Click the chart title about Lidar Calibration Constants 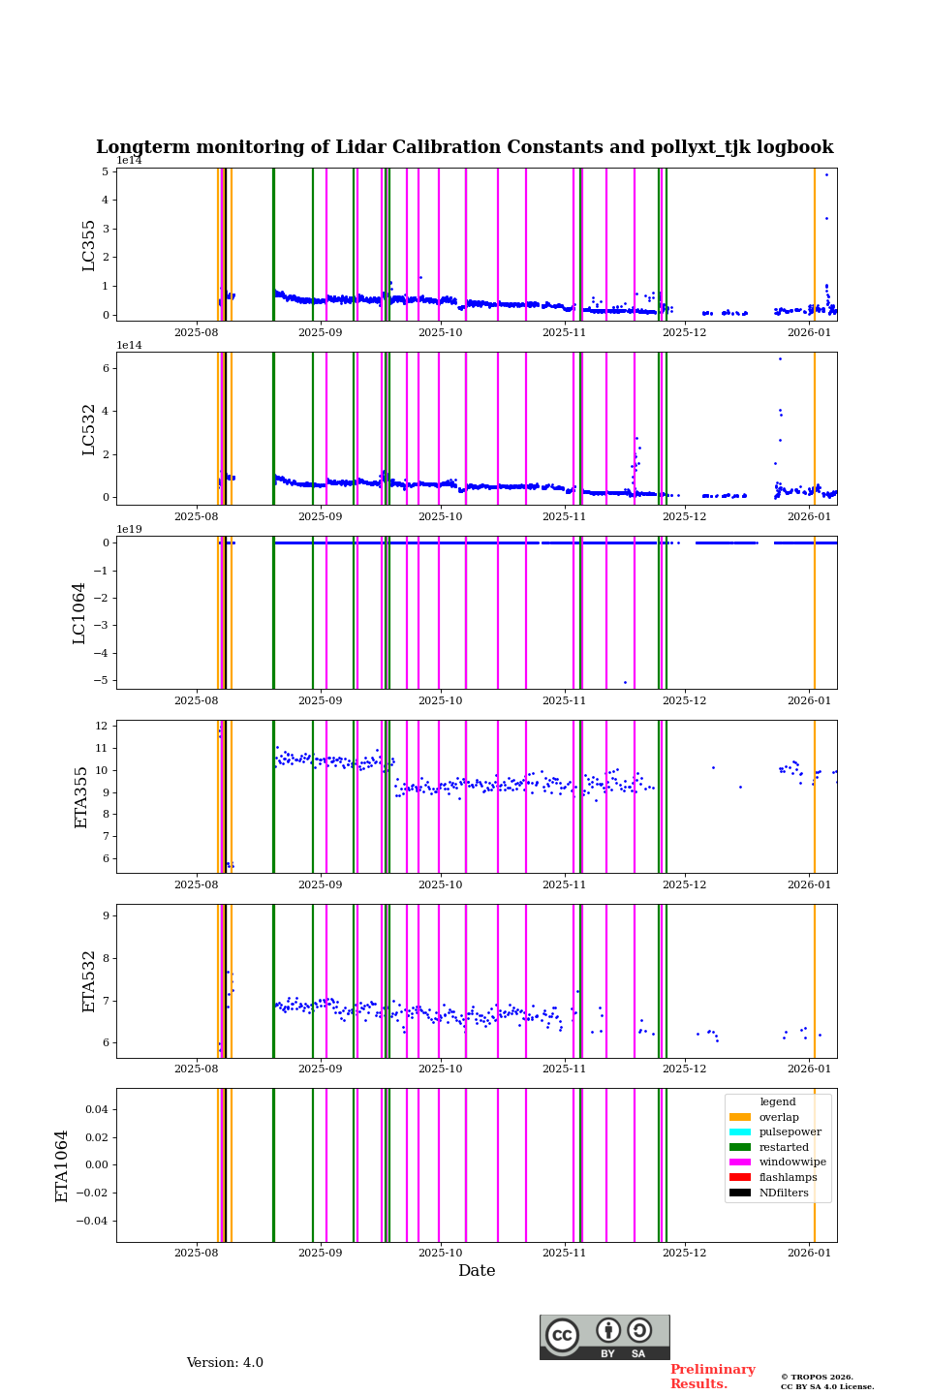464,147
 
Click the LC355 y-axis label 89,245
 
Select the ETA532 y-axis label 89,980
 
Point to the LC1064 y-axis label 79,613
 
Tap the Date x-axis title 477,1271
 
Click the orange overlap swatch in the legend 740,1117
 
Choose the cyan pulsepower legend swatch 740,1132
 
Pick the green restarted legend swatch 740,1147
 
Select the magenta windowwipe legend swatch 740,1162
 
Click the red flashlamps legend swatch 740,1178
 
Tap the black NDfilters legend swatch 740,1193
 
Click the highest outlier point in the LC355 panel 826,174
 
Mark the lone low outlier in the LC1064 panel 625,682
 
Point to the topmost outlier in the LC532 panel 780,358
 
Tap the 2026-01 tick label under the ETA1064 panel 809,1254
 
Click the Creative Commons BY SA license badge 604,1337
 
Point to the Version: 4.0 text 225,1363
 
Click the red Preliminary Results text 712,1377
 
